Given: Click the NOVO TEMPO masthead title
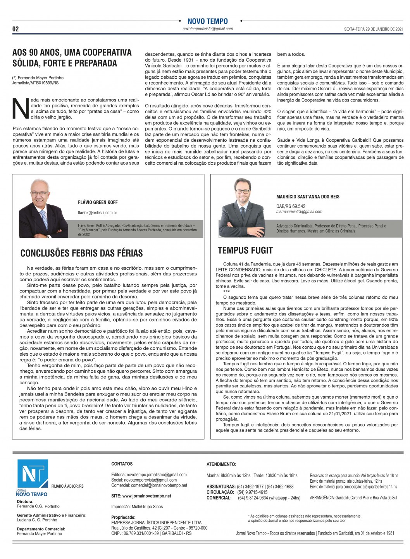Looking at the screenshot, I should [x=207, y=21].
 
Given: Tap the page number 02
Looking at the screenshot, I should [x=16, y=29].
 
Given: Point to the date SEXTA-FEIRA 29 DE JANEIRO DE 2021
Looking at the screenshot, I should [x=374, y=29].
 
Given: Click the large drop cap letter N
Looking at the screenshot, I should [x=21, y=108].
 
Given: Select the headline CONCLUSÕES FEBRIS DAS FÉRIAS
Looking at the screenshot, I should [x=81, y=253].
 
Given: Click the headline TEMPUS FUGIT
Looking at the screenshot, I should [x=245, y=250].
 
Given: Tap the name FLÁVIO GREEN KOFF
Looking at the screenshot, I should [x=98, y=202].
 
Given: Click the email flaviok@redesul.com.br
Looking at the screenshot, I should [x=97, y=213].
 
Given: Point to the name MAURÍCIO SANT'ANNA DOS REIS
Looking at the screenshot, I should [x=308, y=197].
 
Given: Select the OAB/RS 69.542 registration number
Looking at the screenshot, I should [x=291, y=206].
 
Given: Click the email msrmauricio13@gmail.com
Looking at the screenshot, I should [x=299, y=212].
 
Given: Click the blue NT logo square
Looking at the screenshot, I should [x=33, y=474].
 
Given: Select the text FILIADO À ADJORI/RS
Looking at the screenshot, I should [x=67, y=486].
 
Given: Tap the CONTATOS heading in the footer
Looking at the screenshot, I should [x=122, y=464].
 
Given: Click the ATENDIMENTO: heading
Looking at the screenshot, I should [x=221, y=464].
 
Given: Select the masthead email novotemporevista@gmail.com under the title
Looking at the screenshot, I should [x=208, y=29].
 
